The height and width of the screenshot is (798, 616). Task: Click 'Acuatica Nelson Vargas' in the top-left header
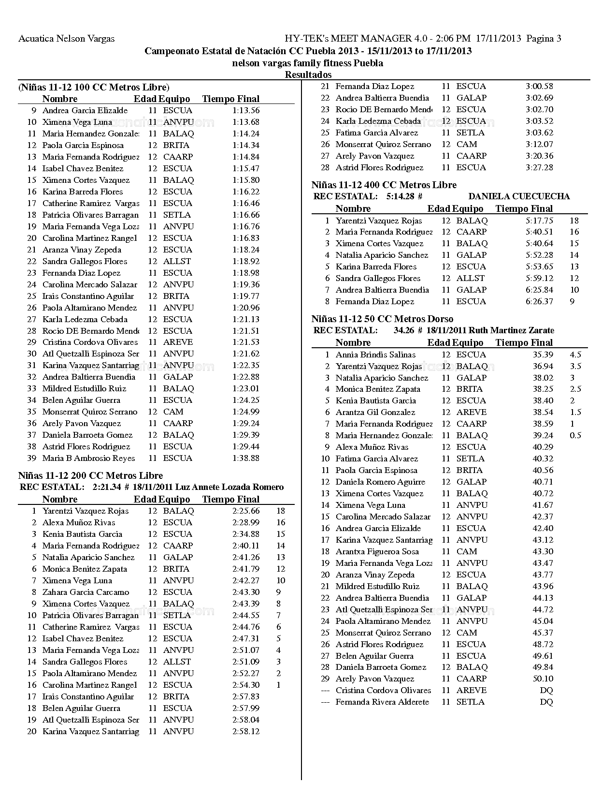[66, 39]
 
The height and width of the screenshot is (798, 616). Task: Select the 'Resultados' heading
[308, 74]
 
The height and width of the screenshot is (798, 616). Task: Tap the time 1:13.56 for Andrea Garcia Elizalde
[245, 110]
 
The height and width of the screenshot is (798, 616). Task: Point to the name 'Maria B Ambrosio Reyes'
[88, 458]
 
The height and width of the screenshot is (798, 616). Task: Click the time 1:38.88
[245, 458]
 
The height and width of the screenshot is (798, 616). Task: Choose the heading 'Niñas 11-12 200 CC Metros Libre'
[90, 475]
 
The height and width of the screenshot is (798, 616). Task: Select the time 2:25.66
[245, 511]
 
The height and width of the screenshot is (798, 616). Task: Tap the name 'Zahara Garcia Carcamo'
[86, 592]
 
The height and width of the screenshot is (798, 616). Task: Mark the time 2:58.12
[245, 731]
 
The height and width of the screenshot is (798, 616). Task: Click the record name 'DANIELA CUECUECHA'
[519, 196]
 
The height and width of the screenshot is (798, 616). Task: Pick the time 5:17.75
[539, 221]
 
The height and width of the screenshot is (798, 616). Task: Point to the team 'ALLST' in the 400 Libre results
[470, 278]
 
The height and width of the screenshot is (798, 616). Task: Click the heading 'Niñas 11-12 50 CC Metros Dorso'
[382, 319]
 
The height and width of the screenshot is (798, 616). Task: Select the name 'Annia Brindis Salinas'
[375, 355]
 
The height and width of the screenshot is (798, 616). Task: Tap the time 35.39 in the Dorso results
[543, 355]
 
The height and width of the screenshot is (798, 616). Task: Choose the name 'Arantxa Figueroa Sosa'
[377, 551]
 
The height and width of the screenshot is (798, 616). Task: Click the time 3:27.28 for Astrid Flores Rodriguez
[539, 167]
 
